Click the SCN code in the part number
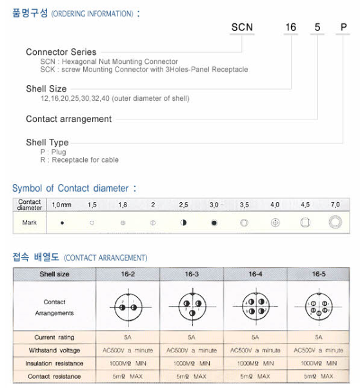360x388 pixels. tap(243, 27)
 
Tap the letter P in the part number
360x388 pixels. tap(344, 27)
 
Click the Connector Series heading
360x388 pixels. tap(61, 52)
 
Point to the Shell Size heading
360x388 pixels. tap(46, 88)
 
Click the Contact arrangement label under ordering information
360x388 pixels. tap(68, 119)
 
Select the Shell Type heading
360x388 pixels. tap(47, 142)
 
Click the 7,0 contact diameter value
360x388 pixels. tap(335, 205)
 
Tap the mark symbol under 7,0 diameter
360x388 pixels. tap(335, 223)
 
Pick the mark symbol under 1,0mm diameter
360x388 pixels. tap(62, 223)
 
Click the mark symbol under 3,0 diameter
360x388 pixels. tap(214, 223)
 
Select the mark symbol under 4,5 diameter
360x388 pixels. tap(305, 223)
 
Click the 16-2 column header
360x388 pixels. tap(128, 274)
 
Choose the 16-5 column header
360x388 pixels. tap(319, 274)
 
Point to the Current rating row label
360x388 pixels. tap(54, 338)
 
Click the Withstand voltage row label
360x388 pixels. tap(54, 351)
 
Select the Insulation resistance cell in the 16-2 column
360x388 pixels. tap(128, 363)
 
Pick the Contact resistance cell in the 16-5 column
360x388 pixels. tap(319, 376)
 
